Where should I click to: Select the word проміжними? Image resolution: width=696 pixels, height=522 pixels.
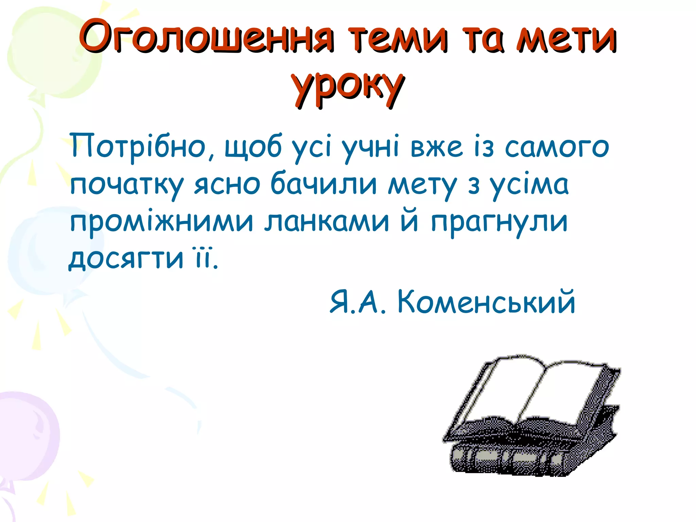click(161, 223)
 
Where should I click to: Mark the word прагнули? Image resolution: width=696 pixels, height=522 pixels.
click(500, 223)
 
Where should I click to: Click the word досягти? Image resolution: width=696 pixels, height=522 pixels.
click(126, 259)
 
